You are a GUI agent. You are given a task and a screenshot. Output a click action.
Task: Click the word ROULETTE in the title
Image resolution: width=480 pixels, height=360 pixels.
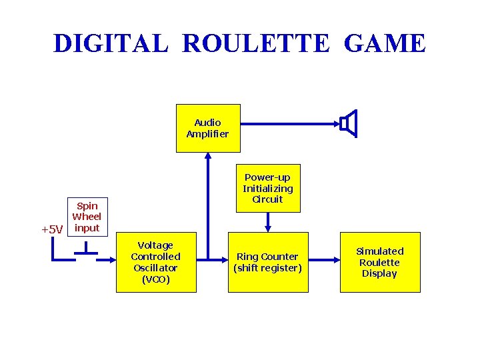pyautogui.click(x=255, y=43)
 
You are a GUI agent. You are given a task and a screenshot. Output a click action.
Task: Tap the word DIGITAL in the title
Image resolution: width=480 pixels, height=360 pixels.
pyautogui.click(x=111, y=43)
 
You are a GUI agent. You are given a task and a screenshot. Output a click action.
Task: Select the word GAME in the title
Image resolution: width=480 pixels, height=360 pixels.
pyautogui.click(x=385, y=43)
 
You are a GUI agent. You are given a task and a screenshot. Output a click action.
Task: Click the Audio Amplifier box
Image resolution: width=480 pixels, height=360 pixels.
pyautogui.click(x=207, y=128)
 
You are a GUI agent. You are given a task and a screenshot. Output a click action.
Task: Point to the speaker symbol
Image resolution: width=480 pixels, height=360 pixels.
pyautogui.click(x=349, y=123)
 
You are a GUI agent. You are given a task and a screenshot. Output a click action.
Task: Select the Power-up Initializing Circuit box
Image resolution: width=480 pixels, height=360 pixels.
pyautogui.click(x=267, y=188)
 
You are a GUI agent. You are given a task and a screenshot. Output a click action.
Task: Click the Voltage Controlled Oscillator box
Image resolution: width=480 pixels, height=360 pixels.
pyautogui.click(x=156, y=262)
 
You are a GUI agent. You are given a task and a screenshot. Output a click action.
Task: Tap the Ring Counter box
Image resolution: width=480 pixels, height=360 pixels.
pyautogui.click(x=268, y=262)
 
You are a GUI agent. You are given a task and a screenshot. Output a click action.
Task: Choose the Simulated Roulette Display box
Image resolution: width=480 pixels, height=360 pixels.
pyautogui.click(x=380, y=262)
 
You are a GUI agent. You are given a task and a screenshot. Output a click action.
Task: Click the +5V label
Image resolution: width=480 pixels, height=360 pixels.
pyautogui.click(x=52, y=230)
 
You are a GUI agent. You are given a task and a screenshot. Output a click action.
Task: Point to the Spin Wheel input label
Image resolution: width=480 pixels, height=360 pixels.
pyautogui.click(x=87, y=217)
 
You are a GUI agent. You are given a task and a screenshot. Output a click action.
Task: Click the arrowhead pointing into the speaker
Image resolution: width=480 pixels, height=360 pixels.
pyautogui.click(x=336, y=123)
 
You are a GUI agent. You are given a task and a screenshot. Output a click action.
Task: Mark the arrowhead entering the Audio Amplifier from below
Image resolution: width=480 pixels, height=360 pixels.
pyautogui.click(x=208, y=157)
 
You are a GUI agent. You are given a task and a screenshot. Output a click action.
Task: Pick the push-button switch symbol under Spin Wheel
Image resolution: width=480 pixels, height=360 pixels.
pyautogui.click(x=85, y=249)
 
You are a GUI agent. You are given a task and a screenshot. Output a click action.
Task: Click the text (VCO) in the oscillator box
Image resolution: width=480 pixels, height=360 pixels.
pyautogui.click(x=156, y=279)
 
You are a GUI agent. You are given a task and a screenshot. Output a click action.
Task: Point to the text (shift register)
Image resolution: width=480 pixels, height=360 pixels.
pyautogui.click(x=268, y=268)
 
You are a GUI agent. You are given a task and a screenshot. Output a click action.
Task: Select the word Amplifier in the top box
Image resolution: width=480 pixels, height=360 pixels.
pyautogui.click(x=207, y=134)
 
